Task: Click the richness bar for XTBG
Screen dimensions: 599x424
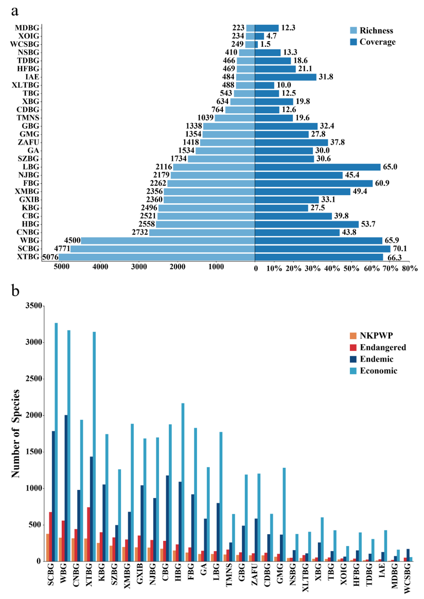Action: (x=156, y=257)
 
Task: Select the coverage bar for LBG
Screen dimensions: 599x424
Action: (x=317, y=167)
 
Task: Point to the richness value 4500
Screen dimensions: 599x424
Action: (x=71, y=240)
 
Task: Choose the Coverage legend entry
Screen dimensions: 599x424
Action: (x=379, y=42)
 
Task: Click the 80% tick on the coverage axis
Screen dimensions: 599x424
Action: (x=410, y=269)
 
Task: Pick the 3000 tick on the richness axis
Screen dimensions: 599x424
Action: (x=139, y=269)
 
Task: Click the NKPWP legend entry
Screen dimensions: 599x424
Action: (x=377, y=336)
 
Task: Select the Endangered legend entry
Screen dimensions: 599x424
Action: (x=383, y=347)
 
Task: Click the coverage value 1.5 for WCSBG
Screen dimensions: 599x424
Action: (x=266, y=44)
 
